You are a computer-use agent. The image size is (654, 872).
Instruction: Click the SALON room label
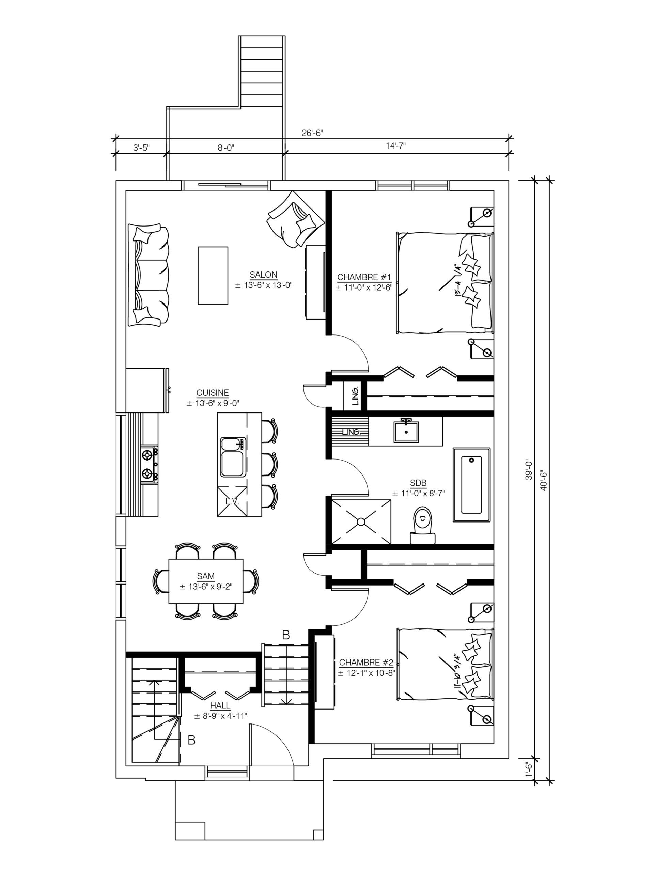(x=263, y=275)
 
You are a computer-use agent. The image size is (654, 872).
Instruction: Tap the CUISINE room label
(x=213, y=393)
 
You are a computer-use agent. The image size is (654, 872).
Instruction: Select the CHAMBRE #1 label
(x=364, y=277)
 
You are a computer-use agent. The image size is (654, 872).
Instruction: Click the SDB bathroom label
(x=418, y=483)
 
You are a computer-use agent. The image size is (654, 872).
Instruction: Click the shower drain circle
(x=361, y=521)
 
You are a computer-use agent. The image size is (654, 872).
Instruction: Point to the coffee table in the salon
(x=213, y=276)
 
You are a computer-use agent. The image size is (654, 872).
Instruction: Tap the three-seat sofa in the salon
(x=149, y=275)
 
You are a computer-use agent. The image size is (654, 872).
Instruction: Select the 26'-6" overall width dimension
(x=312, y=133)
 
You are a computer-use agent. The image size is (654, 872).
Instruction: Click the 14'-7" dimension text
(x=396, y=146)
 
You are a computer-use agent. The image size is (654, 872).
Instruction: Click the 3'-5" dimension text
(x=141, y=148)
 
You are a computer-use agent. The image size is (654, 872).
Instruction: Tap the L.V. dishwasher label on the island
(x=233, y=501)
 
